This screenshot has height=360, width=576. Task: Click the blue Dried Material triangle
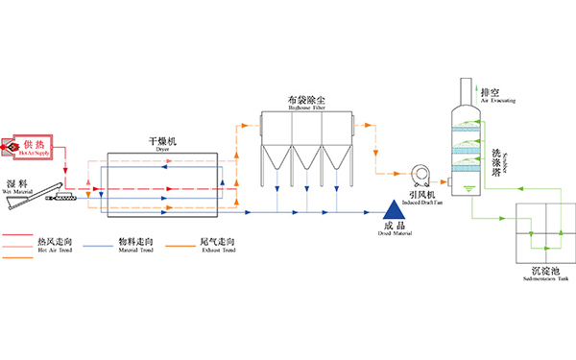click(x=394, y=207)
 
